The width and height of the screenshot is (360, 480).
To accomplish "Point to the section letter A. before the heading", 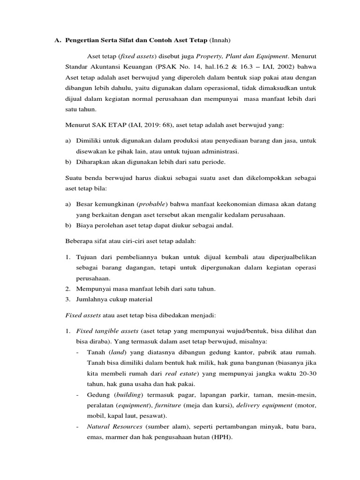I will pyautogui.click(x=58, y=40).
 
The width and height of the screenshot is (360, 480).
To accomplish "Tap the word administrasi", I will pyautogui.click(x=218, y=151).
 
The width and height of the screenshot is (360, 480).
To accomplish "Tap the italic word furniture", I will pyautogui.click(x=167, y=405).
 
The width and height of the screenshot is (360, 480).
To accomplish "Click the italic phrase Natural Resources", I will pyautogui.click(x=114, y=427).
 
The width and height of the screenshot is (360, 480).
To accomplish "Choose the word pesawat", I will pyautogui.click(x=153, y=416).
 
